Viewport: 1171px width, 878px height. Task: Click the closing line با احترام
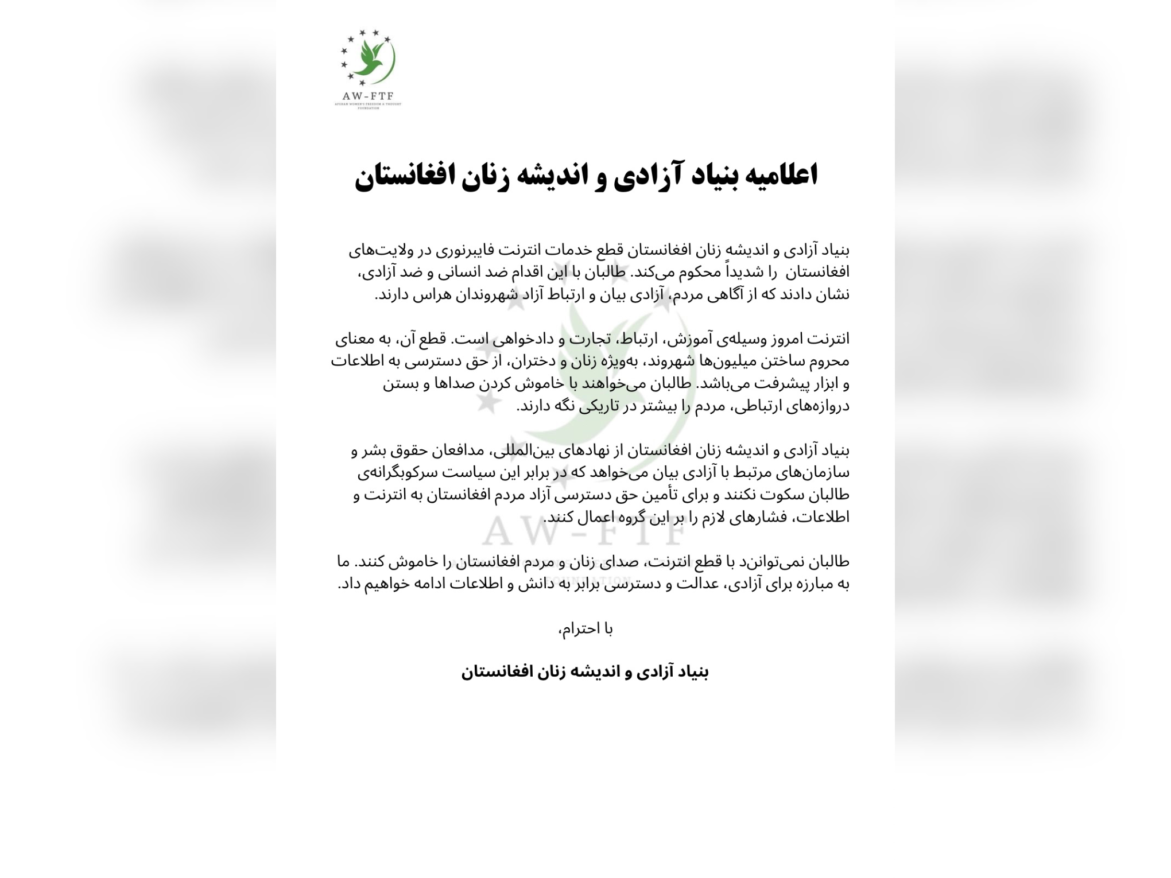[x=585, y=630]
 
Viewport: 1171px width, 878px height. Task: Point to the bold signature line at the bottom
[x=585, y=672]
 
